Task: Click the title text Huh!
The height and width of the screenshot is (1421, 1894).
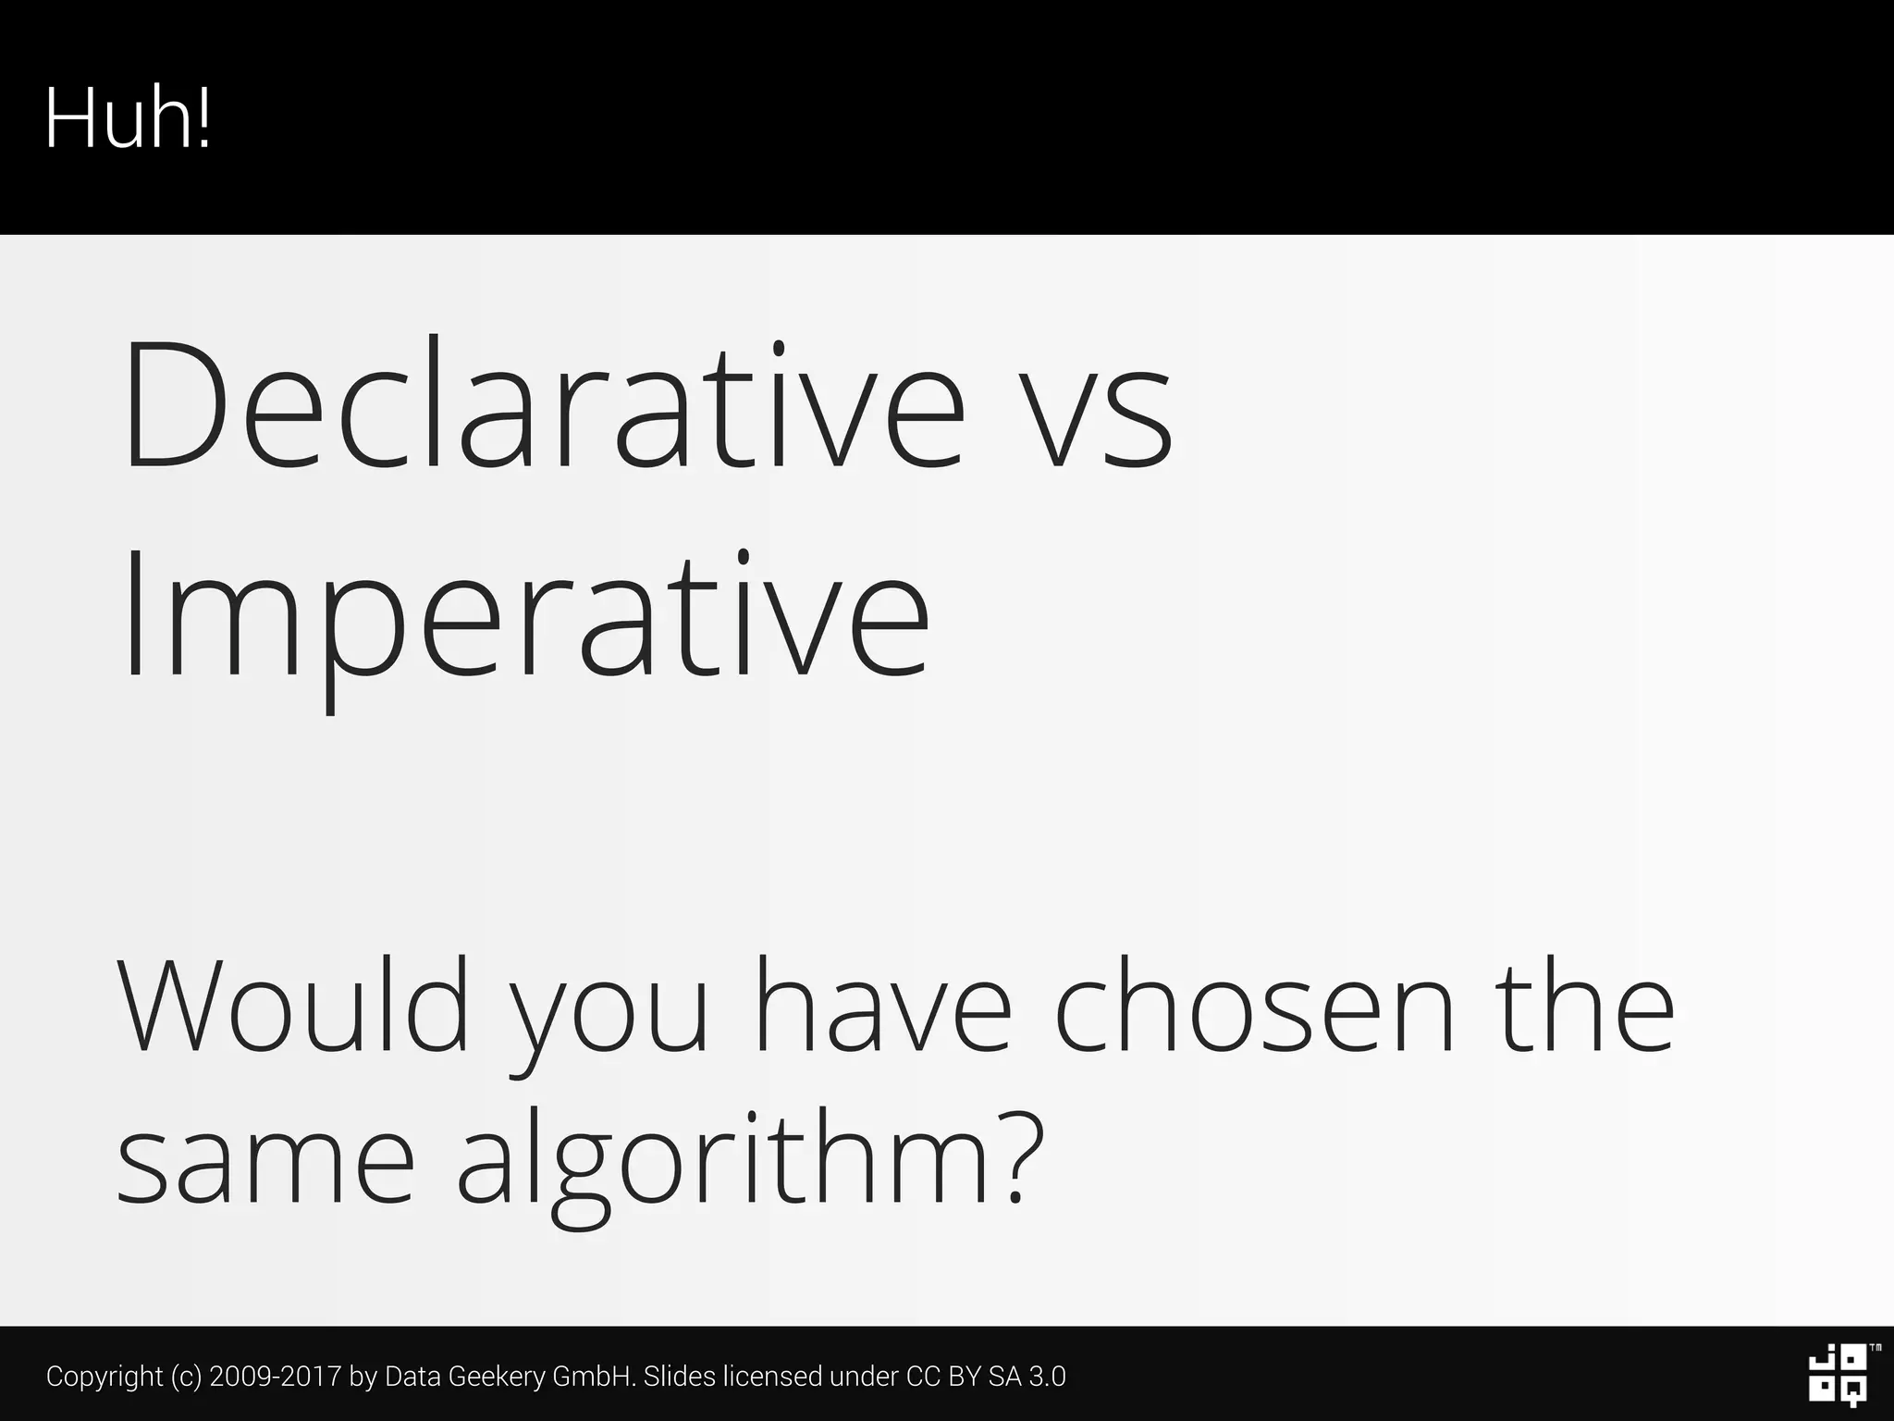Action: tap(128, 118)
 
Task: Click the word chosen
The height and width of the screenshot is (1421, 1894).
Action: tap(1254, 1006)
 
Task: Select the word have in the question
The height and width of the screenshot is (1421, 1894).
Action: tap(884, 1006)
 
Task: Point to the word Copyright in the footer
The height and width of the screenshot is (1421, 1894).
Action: tap(105, 1377)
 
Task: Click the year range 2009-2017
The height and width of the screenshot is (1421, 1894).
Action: tap(276, 1377)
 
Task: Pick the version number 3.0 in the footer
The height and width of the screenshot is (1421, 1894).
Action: tap(1047, 1377)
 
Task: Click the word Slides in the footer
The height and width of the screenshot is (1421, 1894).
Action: tap(680, 1377)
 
